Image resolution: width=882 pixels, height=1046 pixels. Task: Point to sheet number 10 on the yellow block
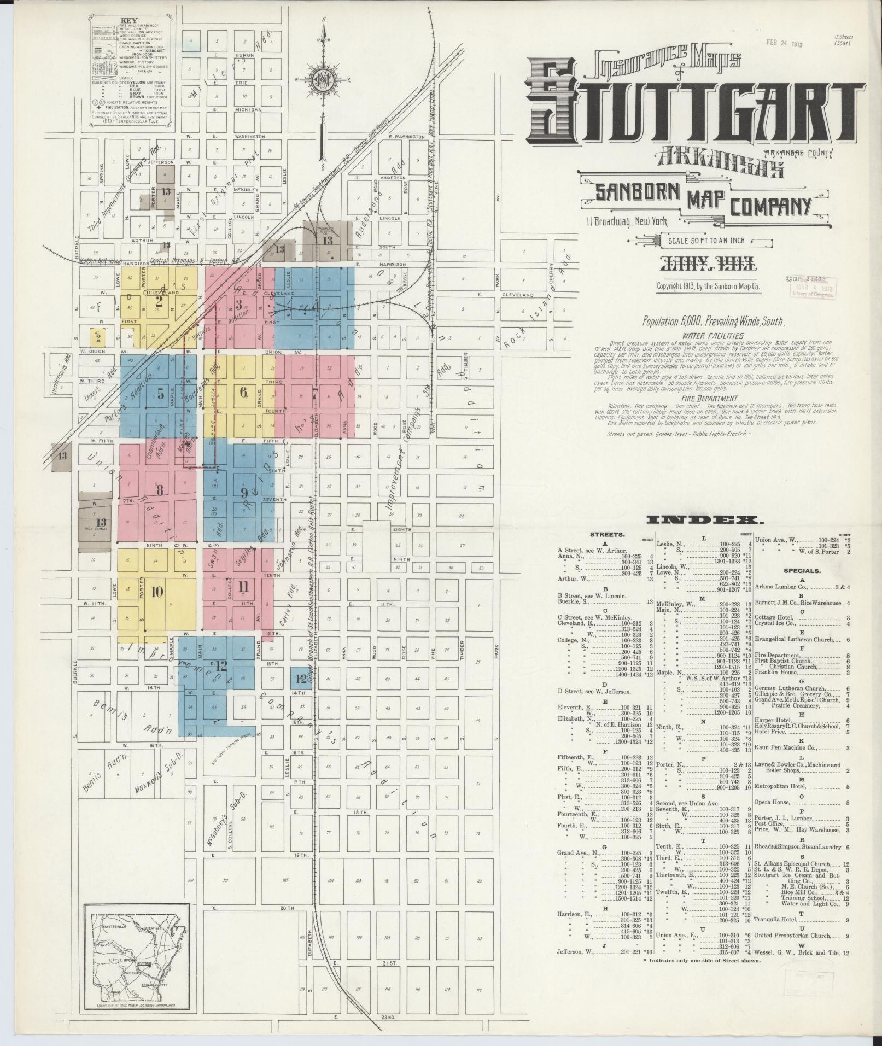[x=157, y=591]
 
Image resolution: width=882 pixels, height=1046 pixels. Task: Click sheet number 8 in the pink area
[x=160, y=490]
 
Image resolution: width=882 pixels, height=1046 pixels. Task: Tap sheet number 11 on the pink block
[x=243, y=587]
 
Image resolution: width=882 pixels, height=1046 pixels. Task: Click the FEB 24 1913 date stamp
[x=784, y=43]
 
